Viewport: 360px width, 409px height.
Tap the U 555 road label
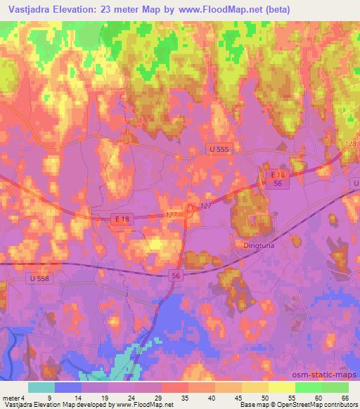coord(219,150)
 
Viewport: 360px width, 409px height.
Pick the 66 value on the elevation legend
coord(346,398)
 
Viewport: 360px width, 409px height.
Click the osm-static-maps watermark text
coord(329,375)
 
